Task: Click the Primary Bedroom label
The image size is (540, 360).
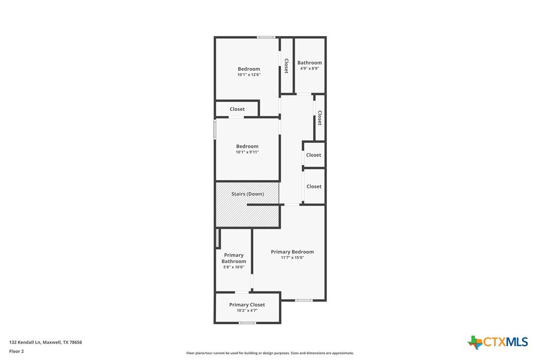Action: [x=292, y=252]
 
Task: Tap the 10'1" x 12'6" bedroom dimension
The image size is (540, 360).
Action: [x=249, y=75]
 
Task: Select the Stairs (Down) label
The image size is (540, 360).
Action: [x=248, y=194]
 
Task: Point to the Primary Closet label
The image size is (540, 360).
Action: [x=247, y=304]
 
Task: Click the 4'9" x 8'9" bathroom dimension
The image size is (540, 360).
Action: [x=309, y=68]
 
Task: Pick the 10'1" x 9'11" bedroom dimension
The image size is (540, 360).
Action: [x=247, y=152]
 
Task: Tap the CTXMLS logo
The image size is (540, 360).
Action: [x=497, y=342]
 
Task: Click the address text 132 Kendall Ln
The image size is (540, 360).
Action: [x=25, y=343]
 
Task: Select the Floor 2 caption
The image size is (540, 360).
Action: [x=16, y=352]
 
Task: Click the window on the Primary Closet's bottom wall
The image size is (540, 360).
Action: [x=248, y=323]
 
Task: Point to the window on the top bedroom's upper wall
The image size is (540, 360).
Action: [x=266, y=37]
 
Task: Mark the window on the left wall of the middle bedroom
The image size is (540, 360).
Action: [x=215, y=129]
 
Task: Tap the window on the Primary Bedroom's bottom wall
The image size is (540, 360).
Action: [x=304, y=300]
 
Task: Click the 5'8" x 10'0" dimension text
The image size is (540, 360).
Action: [x=234, y=267]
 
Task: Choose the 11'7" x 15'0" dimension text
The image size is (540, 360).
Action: [x=292, y=258]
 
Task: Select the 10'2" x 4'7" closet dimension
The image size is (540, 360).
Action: [x=247, y=310]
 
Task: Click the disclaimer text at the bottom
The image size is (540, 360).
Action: [x=270, y=353]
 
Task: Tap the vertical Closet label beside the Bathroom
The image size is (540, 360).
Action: [x=286, y=66]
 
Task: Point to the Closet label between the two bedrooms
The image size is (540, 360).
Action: [x=237, y=109]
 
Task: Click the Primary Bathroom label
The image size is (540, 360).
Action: [x=234, y=258]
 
